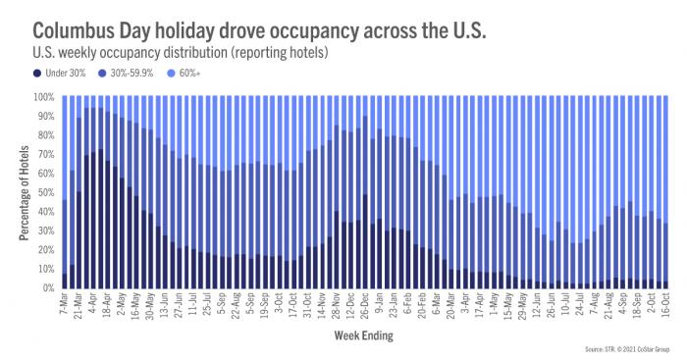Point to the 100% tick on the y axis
(44, 97)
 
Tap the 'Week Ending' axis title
(361, 334)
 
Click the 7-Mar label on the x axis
(64, 305)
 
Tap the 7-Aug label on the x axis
(594, 305)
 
